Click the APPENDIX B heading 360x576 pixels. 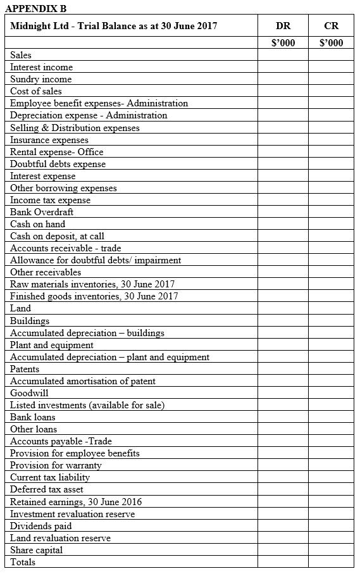pyautogui.click(x=35, y=8)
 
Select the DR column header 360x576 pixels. pyautogui.click(x=283, y=26)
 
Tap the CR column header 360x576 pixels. pyautogui.click(x=330, y=26)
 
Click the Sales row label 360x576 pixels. pyautogui.click(x=21, y=55)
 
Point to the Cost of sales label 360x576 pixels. pyautogui.click(x=36, y=91)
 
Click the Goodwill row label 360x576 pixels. pyautogui.click(x=29, y=393)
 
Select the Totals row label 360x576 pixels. pyautogui.click(x=23, y=562)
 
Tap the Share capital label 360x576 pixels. pyautogui.click(x=36, y=550)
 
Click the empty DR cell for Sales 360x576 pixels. pyautogui.click(x=283, y=55)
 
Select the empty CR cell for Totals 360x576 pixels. pyautogui.click(x=331, y=562)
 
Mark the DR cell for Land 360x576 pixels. pyautogui.click(x=283, y=308)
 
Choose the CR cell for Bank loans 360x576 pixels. pyautogui.click(x=331, y=417)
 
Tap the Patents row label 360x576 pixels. pyautogui.click(x=25, y=369)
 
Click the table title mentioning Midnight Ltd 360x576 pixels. pyautogui.click(x=114, y=26)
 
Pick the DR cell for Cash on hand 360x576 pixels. pyautogui.click(x=283, y=224)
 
